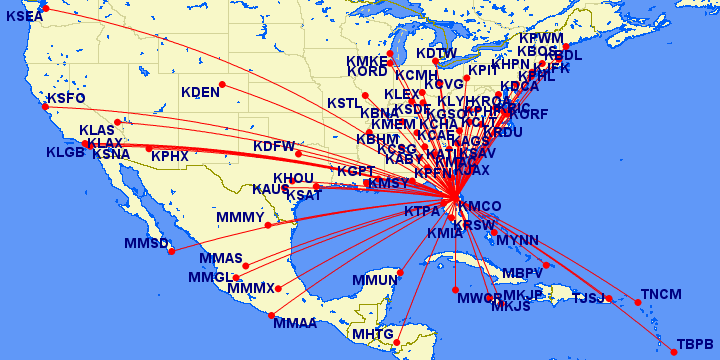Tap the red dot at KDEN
click(x=222, y=84)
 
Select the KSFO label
click(x=66, y=98)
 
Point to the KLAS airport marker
click(x=118, y=123)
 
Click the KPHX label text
click(x=170, y=156)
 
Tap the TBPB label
click(x=695, y=343)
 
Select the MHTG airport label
click(x=369, y=334)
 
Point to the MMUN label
click(x=376, y=280)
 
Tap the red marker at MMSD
click(x=171, y=251)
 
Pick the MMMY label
click(x=240, y=217)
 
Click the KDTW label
click(x=436, y=53)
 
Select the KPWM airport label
click(x=541, y=38)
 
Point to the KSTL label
click(x=344, y=103)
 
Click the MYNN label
click(x=517, y=241)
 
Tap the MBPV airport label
click(x=522, y=273)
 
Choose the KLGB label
click(x=66, y=153)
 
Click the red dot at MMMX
click(x=279, y=289)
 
